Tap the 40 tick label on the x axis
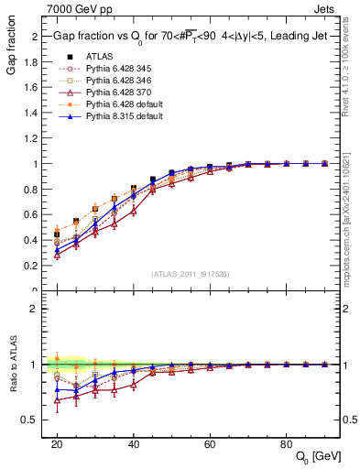(133, 442)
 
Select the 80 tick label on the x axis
(286, 442)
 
